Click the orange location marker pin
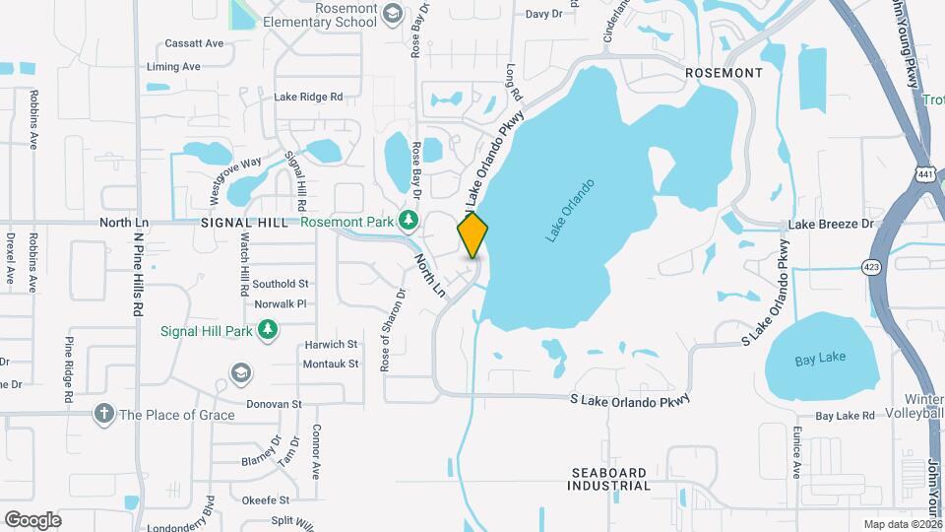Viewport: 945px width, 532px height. [x=473, y=234]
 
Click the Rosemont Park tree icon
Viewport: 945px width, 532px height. [x=414, y=221]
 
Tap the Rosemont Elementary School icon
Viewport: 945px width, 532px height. [x=393, y=13]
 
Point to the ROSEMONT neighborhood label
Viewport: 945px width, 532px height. [x=724, y=74]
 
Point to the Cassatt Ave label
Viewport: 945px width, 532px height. [x=195, y=43]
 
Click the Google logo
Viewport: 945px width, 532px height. [x=32, y=519]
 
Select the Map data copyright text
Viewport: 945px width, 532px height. [x=902, y=524]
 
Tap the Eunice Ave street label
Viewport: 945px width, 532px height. [x=794, y=444]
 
